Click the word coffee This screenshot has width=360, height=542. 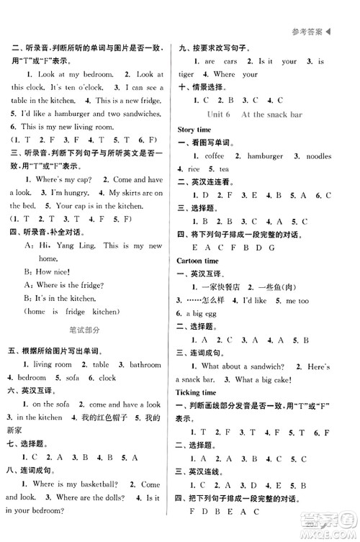(x=215, y=155)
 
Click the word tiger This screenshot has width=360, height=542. (x=186, y=75)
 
